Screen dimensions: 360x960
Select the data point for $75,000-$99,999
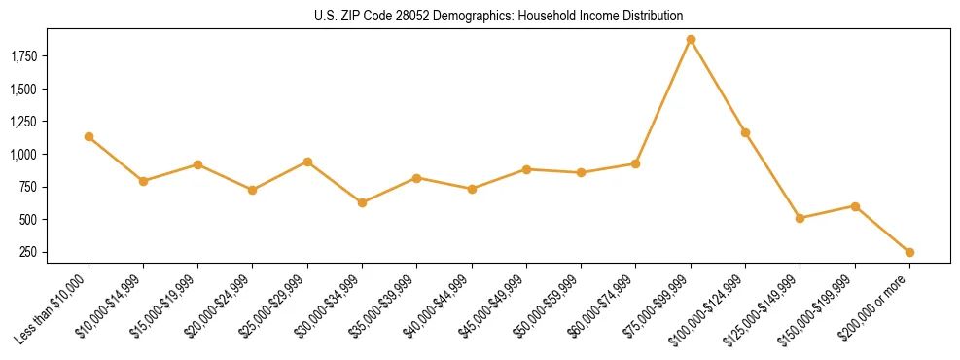tap(691, 40)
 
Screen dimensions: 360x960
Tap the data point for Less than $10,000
tap(89, 137)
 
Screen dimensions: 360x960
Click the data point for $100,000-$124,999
tap(745, 132)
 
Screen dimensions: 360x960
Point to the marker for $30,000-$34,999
tap(362, 202)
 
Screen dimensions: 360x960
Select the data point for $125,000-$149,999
tap(800, 218)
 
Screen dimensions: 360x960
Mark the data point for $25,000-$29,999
tap(307, 162)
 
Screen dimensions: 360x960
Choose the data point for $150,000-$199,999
tap(855, 206)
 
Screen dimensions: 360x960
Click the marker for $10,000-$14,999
tap(143, 181)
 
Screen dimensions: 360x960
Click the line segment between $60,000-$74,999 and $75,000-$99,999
tap(663, 101)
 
